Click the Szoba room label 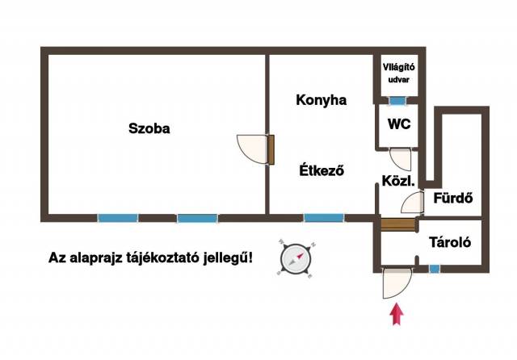pyautogui.click(x=149, y=128)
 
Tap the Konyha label pyautogui.click(x=322, y=100)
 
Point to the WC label pyautogui.click(x=397, y=124)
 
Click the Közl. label pyautogui.click(x=397, y=182)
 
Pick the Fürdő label pyautogui.click(x=452, y=198)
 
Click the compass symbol pyautogui.click(x=295, y=259)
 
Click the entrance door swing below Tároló pyautogui.click(x=396, y=282)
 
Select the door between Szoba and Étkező pyautogui.click(x=255, y=149)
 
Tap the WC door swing pyautogui.click(x=401, y=156)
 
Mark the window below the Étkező pyautogui.click(x=323, y=217)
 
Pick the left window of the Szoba pyautogui.click(x=118, y=217)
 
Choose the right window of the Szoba pyautogui.click(x=197, y=217)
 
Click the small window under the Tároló pyautogui.click(x=435, y=268)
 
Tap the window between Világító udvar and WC pyautogui.click(x=397, y=101)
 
